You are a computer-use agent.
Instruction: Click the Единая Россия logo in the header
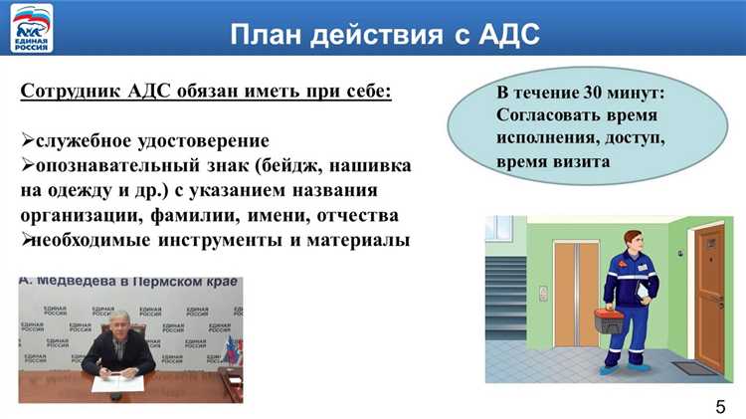[33, 27]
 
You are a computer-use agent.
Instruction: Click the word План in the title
[268, 35]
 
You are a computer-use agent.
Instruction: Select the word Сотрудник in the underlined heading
[68, 92]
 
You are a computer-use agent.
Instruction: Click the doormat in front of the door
[694, 367]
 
